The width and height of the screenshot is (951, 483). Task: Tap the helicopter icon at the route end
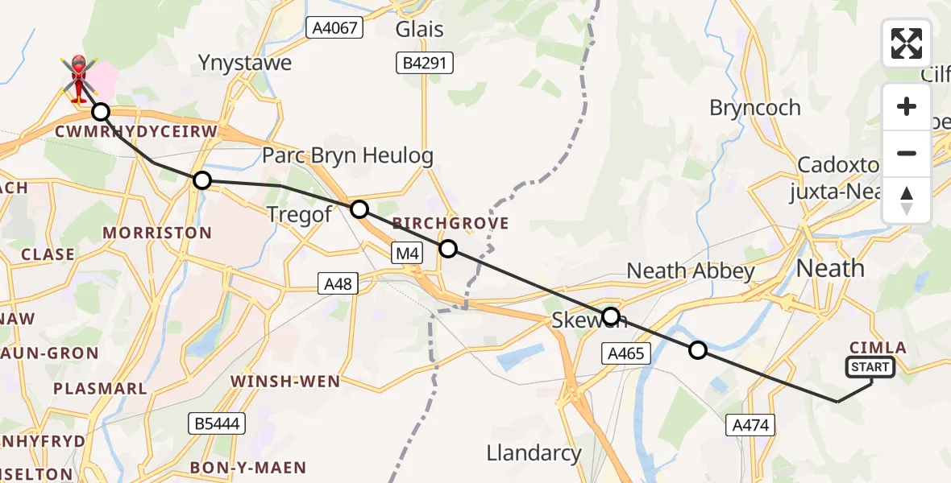coord(79,79)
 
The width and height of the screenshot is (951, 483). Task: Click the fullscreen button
coord(907,43)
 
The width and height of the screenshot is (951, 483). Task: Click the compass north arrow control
coord(907,200)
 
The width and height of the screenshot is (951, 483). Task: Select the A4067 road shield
coord(335,28)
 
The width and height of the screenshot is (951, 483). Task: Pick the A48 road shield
coord(336,283)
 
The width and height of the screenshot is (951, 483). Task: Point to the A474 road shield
coord(750,425)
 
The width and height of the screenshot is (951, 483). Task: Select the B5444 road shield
coord(218,423)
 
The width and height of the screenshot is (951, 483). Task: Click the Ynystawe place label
coord(246,63)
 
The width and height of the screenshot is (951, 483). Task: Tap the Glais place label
coord(419,30)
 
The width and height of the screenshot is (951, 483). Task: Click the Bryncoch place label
coord(755,108)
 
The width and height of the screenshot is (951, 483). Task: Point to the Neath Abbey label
coord(691,271)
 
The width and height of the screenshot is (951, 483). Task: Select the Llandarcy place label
coord(534,453)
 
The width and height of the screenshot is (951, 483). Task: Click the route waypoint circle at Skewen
coord(611,316)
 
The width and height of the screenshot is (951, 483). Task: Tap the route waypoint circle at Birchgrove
coord(448,249)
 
